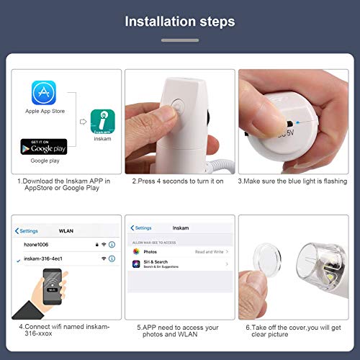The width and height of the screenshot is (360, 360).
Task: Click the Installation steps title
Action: click(x=180, y=22)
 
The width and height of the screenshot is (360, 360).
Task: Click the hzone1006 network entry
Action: click(x=36, y=245)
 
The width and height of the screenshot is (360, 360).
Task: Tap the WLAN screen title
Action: click(x=67, y=231)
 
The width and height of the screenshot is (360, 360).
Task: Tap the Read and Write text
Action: click(x=210, y=252)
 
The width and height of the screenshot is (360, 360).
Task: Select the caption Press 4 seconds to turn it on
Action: click(x=178, y=181)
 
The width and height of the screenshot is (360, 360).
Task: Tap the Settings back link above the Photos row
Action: click(x=141, y=228)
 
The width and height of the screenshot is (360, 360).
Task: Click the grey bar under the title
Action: click(x=180, y=40)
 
